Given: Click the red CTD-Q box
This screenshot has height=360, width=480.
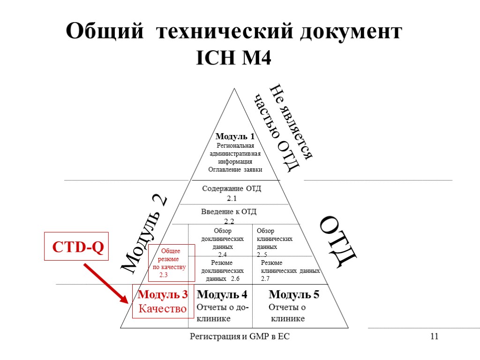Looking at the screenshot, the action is click(76, 247).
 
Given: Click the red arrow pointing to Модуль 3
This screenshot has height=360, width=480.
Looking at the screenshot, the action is click(105, 284).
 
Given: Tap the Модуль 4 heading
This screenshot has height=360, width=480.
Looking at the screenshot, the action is click(222, 295).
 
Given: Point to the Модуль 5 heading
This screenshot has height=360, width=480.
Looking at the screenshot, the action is click(294, 295).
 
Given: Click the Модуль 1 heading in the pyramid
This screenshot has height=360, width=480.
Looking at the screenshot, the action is click(235, 137).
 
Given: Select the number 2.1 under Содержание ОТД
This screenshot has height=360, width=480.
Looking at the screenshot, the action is click(232, 199).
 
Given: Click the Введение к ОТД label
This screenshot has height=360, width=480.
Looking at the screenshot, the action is click(229, 212).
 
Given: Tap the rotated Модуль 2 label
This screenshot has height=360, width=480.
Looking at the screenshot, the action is click(144, 233).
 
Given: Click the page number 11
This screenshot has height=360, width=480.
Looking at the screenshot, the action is click(434, 336).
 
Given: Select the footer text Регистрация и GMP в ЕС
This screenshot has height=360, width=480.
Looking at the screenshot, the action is click(242, 336).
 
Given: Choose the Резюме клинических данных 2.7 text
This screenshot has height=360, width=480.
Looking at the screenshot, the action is click(290, 271).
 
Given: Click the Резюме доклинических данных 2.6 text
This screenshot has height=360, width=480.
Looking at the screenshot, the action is click(222, 271).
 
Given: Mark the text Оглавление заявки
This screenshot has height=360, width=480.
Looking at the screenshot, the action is click(235, 169).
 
